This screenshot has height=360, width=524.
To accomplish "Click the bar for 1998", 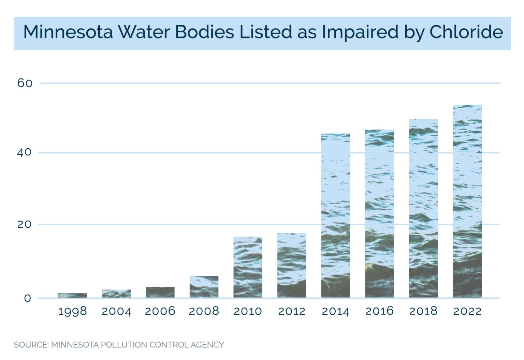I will (73, 296).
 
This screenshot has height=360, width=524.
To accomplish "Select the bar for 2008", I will (204, 287).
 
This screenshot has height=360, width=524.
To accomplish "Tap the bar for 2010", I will (248, 267).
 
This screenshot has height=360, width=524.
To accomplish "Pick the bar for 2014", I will (336, 215).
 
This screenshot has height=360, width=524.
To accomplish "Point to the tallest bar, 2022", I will (467, 201).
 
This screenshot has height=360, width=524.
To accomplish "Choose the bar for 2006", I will (160, 292).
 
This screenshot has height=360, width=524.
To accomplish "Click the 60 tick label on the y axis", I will (25, 83).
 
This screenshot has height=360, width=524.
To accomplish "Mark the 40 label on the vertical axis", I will (25, 152).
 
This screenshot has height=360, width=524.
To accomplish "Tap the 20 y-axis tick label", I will (25, 224).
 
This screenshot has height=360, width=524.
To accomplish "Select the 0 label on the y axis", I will (27, 298).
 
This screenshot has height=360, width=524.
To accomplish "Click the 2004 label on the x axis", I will (116, 311).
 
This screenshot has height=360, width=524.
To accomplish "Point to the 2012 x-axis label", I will (292, 311).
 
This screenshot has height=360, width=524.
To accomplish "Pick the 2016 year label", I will (379, 311).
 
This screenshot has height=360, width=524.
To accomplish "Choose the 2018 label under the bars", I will (423, 311).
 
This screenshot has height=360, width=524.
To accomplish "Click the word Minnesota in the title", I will (68, 32).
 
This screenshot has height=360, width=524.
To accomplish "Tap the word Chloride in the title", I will (466, 32).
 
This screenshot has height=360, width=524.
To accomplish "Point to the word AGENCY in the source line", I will (207, 345).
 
